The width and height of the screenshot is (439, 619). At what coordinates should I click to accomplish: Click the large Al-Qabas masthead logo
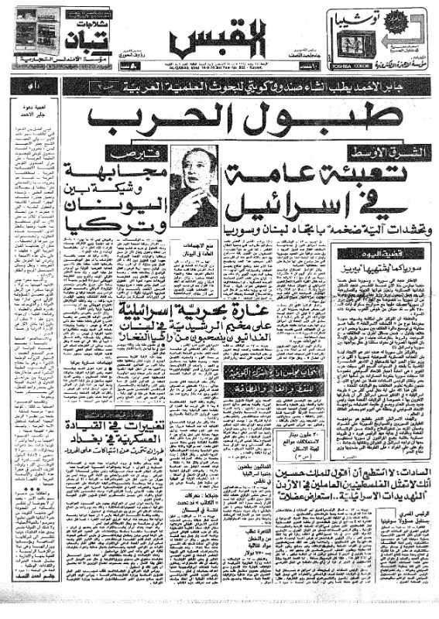219,35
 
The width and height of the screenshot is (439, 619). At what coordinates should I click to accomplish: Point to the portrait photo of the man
194,185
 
